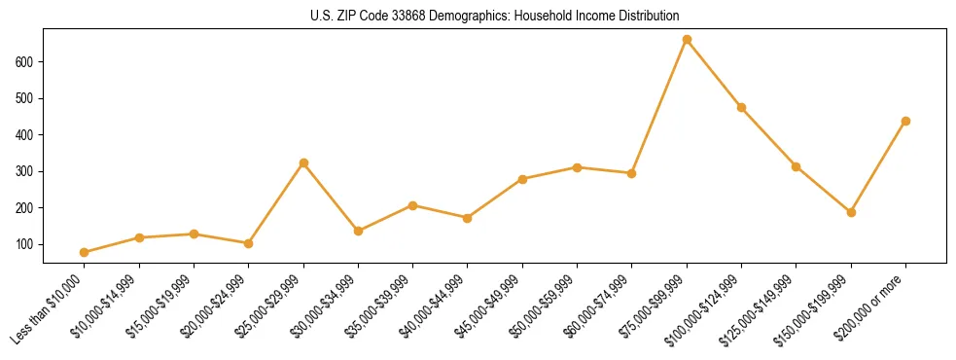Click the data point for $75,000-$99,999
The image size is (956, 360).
pos(687,40)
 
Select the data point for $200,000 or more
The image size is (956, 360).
pos(905,122)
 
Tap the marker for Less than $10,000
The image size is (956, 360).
pos(85,252)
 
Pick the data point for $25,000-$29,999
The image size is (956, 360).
pos(303,162)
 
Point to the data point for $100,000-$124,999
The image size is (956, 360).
pos(741,107)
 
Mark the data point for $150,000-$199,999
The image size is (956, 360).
pos(851,212)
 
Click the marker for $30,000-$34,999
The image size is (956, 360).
pos(358,231)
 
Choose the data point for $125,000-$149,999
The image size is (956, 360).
pos(796,166)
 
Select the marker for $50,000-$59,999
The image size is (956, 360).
pos(577,167)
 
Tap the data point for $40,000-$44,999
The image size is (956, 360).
pos(468,218)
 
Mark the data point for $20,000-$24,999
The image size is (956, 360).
pos(249,243)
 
